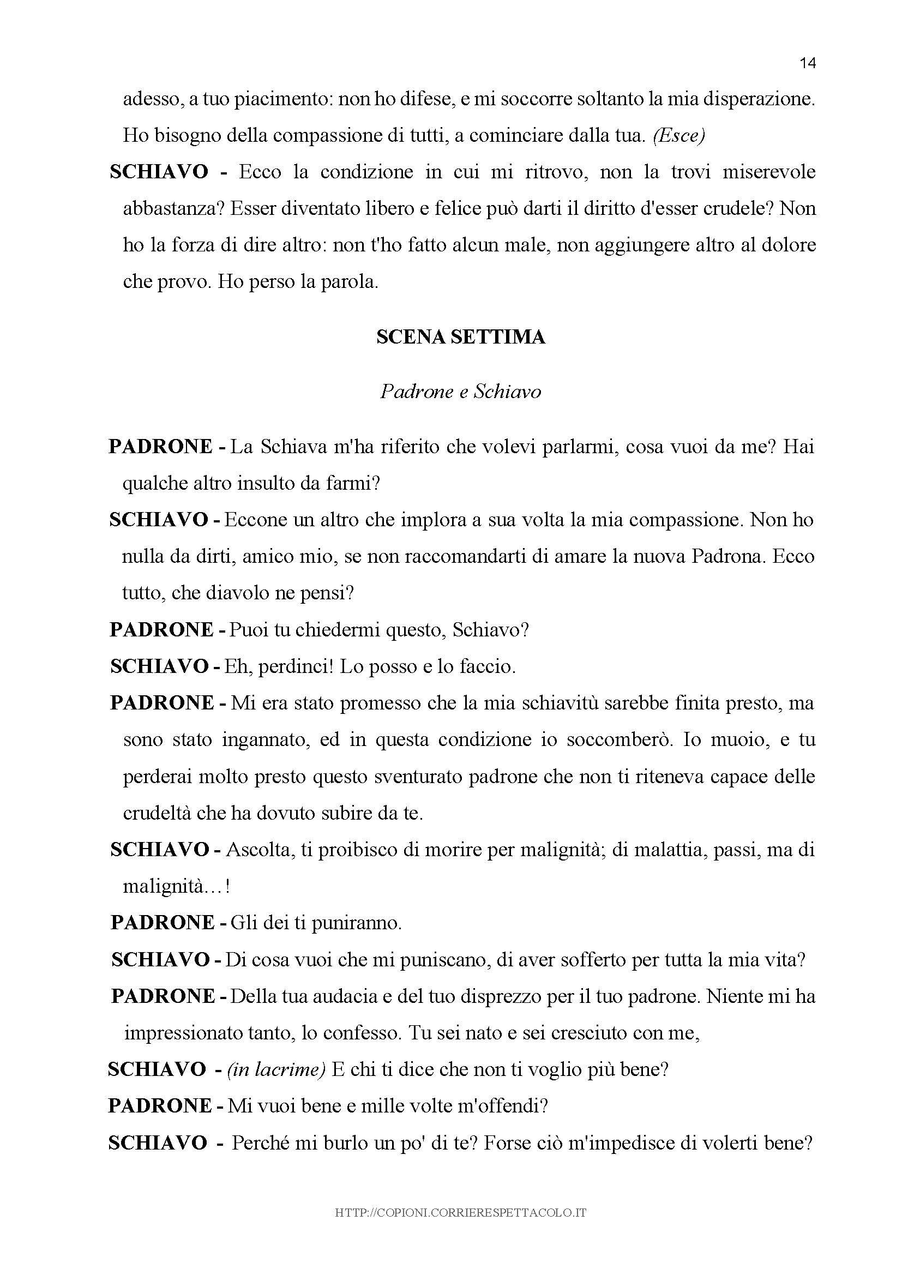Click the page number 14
click(x=808, y=63)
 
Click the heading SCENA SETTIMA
click(x=460, y=337)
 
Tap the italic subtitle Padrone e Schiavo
click(x=460, y=392)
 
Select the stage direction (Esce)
click(x=679, y=136)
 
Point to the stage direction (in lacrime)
click(x=275, y=1069)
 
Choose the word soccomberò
click(x=616, y=740)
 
